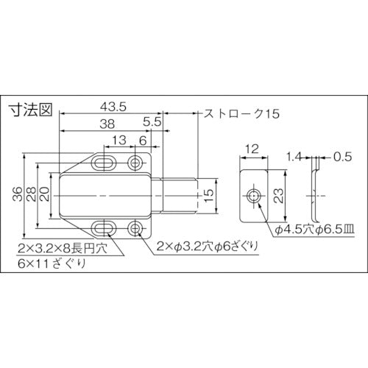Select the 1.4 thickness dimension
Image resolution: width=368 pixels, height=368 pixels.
pyautogui.click(x=294, y=157)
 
